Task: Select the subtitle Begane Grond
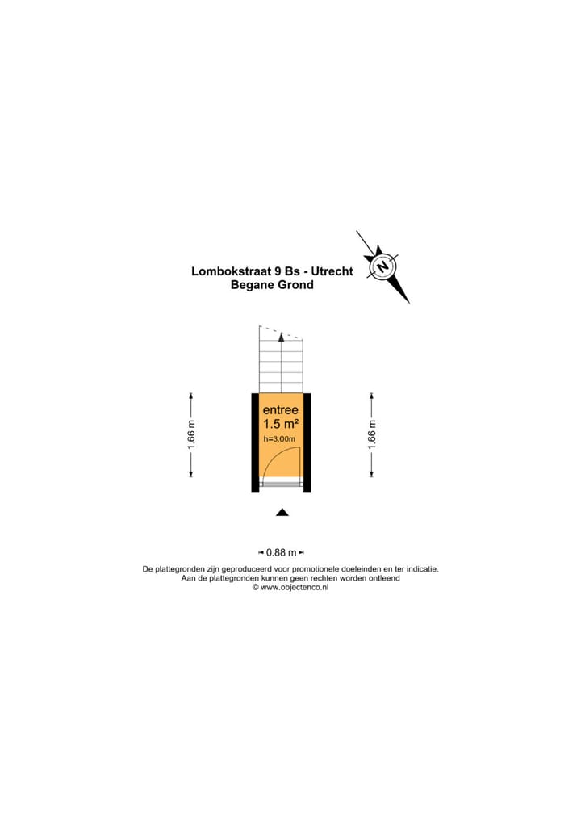point(272,285)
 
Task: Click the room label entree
point(280,409)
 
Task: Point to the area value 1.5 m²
point(280,424)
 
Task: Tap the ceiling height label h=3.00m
point(280,439)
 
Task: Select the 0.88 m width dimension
point(280,553)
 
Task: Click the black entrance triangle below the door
point(282,512)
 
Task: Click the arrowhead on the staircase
point(281,339)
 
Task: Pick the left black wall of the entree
point(255,442)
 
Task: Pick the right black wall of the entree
point(307,442)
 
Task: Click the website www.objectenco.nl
point(295,588)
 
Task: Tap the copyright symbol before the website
point(256,588)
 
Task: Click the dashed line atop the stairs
point(281,331)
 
